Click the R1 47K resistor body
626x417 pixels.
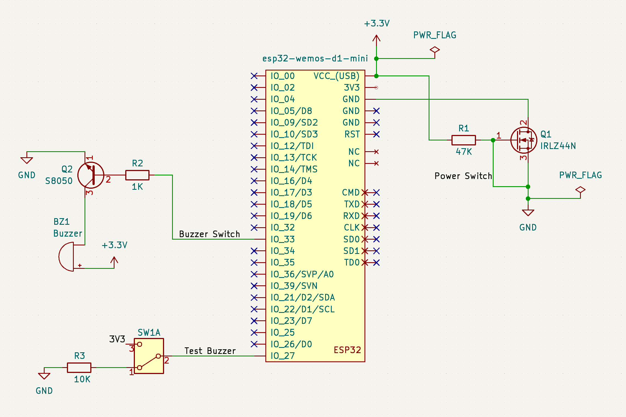pyautogui.click(x=464, y=140)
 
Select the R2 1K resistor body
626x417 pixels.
pyautogui.click(x=137, y=175)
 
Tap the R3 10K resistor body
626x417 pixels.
pyautogui.click(x=79, y=367)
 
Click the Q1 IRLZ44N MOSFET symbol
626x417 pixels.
pyautogui.click(x=523, y=140)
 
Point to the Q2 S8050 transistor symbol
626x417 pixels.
pyautogui.click(x=91, y=175)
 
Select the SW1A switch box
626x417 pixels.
pyautogui.click(x=149, y=356)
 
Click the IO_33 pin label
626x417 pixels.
pyautogui.click(x=282, y=239)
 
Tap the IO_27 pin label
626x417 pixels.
pyautogui.click(x=282, y=356)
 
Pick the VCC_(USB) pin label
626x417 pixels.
pyautogui.click(x=336, y=76)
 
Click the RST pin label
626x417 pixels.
pyautogui.click(x=352, y=134)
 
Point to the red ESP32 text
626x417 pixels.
pyautogui.click(x=347, y=350)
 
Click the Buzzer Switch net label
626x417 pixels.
pyautogui.click(x=209, y=234)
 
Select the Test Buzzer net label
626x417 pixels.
pyautogui.click(x=210, y=351)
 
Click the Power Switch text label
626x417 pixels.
pyautogui.click(x=463, y=176)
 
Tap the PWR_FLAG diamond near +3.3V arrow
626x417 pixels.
pyautogui.click(x=435, y=50)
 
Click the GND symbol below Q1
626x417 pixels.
pyautogui.click(x=528, y=213)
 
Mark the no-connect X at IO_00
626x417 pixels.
pyautogui.click(x=254, y=76)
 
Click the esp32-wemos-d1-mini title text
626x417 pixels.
pyautogui.click(x=315, y=58)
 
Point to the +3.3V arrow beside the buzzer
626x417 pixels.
pyautogui.click(x=114, y=260)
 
